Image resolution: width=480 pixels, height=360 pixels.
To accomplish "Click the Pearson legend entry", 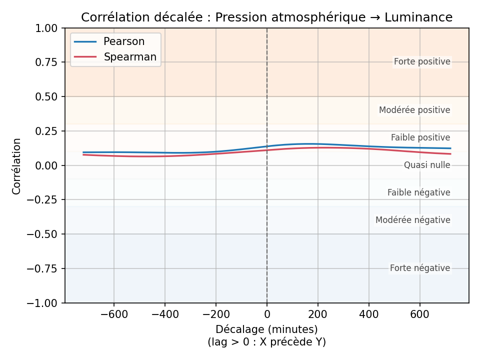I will (123, 41).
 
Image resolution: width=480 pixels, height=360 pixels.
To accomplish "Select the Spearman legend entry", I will (130, 57).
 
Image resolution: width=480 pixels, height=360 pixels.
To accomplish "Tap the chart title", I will (266, 17).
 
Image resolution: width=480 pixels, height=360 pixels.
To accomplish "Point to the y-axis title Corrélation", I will (17, 166).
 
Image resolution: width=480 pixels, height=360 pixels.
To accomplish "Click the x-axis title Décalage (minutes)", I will (266, 329).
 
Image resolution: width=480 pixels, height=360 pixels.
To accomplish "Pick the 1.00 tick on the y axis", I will (47, 28).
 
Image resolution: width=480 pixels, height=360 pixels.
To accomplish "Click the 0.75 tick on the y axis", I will (47, 62).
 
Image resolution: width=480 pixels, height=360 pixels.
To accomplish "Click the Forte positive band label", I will (422, 62).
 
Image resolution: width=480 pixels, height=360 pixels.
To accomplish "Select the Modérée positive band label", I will (414, 110).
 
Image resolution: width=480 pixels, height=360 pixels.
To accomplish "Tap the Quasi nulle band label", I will (427, 165).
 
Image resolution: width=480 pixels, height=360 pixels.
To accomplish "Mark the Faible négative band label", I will (419, 192).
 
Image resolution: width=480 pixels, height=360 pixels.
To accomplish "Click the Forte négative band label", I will (420, 268).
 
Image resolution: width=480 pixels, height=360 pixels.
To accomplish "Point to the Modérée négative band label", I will (413, 220).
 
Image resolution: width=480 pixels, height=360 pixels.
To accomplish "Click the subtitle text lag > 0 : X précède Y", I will (266, 342).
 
